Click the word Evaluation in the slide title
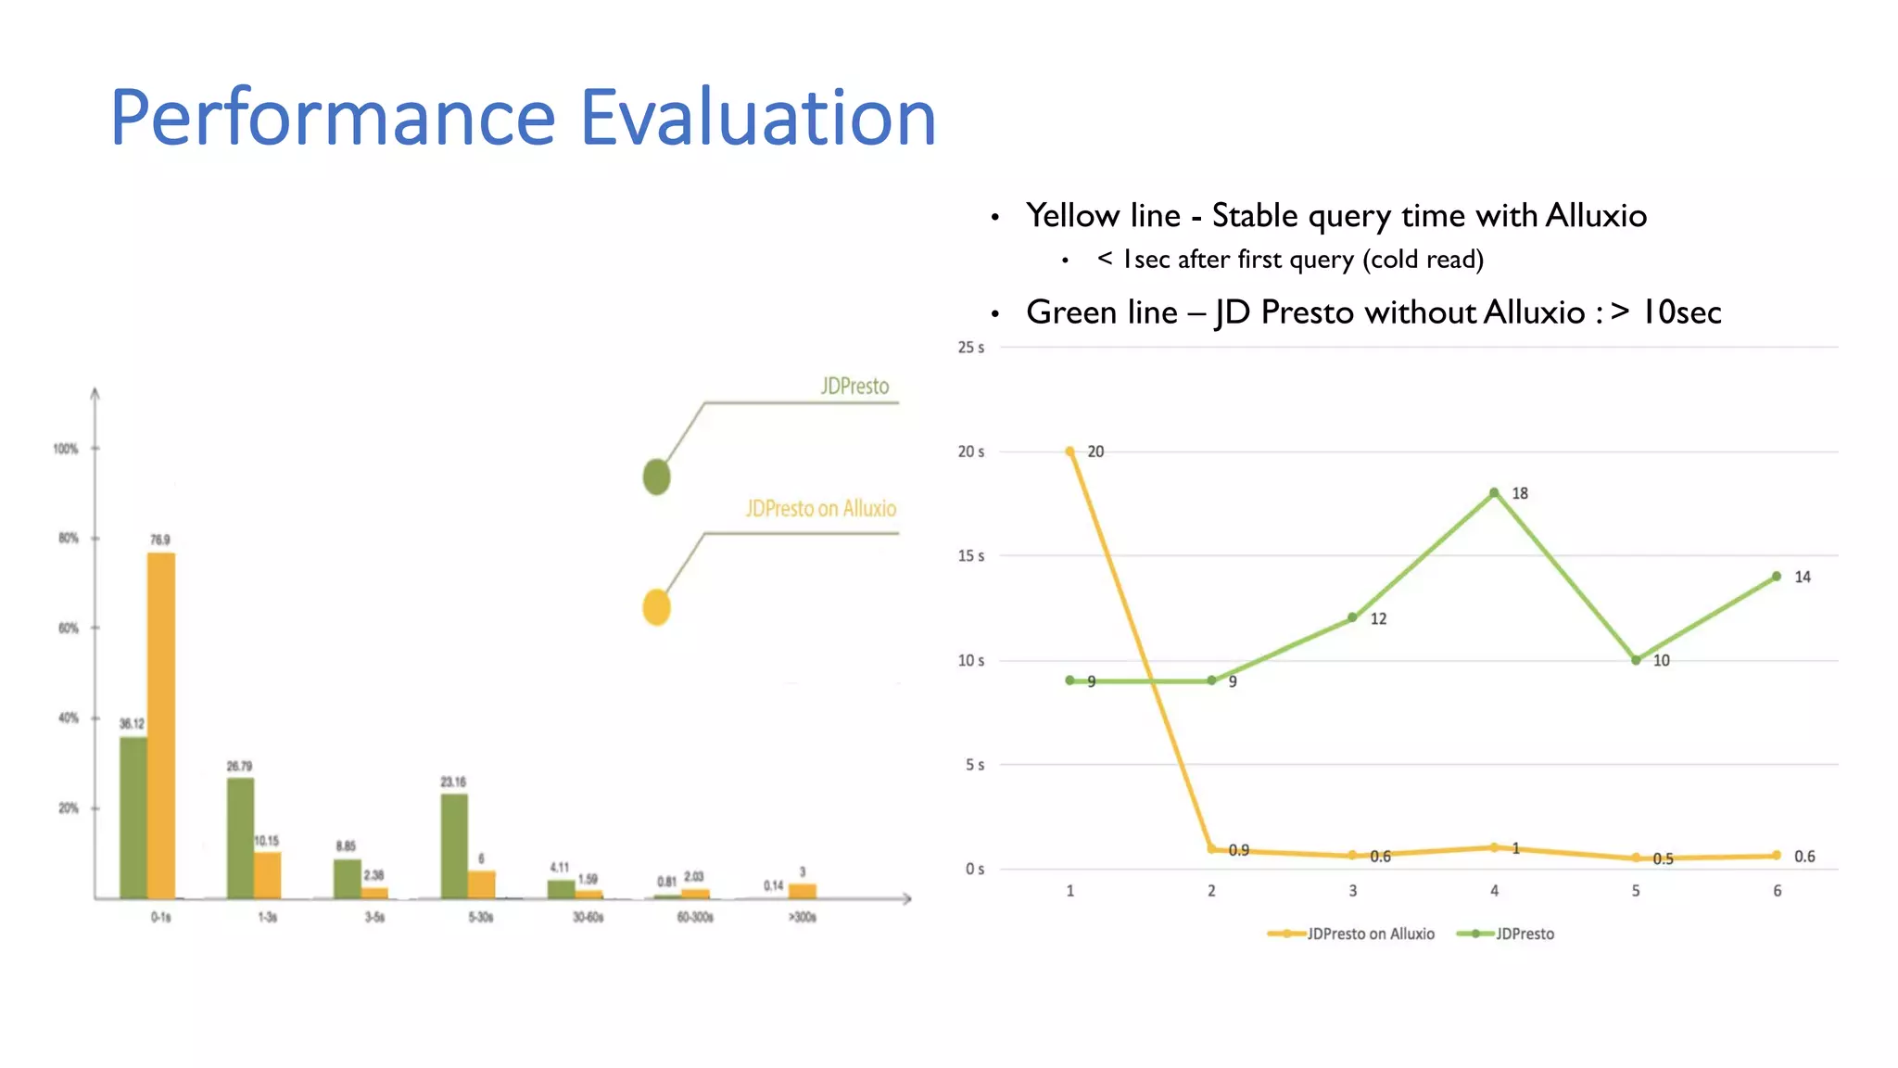(757, 118)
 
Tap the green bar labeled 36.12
(133, 817)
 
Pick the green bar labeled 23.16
(454, 845)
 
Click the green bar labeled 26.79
(240, 837)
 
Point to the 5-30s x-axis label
(481, 917)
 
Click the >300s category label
(803, 917)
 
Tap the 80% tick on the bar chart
(69, 538)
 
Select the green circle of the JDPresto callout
(656, 477)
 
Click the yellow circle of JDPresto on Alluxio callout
(656, 607)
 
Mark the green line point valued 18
(1494, 493)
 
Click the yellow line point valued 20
(1070, 451)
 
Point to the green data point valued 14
(1777, 577)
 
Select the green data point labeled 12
(1352, 617)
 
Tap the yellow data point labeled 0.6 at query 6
(1777, 856)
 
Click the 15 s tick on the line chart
(970, 556)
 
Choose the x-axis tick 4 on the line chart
(1494, 891)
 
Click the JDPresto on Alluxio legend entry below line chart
(1353, 934)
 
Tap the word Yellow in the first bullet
(1072, 216)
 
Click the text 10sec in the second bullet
(1681, 312)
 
